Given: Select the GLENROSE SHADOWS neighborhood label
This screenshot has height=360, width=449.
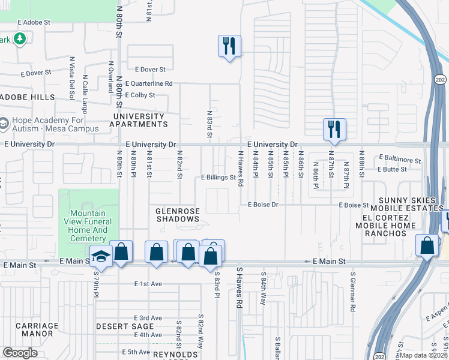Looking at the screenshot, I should coord(177,215).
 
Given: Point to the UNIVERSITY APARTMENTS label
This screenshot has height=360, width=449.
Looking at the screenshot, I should coord(139,120).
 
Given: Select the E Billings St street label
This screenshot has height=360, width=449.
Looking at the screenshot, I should coord(218,178).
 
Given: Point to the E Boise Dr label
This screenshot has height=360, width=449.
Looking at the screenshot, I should coord(264,205).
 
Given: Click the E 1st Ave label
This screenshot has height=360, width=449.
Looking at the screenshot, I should coord(148,284).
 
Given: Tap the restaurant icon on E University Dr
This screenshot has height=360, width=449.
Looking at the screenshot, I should coord(334,128).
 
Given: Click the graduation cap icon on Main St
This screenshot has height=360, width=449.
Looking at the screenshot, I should coord(101,256).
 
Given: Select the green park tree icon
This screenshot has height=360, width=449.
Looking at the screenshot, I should coord(20,39).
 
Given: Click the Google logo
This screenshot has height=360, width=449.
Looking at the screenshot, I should coord(20,353).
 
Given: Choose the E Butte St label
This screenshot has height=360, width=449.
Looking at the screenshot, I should coord(392,169).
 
